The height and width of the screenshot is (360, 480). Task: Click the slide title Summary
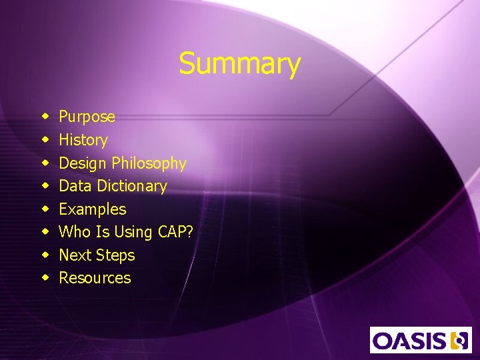click(239, 64)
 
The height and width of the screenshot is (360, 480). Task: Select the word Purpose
click(87, 117)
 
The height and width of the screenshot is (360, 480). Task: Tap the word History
click(83, 140)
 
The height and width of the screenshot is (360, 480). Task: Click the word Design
click(83, 163)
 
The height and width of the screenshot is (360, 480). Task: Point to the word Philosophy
click(149, 164)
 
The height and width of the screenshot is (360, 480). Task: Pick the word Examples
click(92, 209)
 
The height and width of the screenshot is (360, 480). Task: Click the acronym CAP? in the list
click(176, 232)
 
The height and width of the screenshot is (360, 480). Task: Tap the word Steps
click(115, 256)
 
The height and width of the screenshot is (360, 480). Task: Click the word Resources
click(95, 278)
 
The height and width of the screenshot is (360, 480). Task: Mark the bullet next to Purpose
click(46, 117)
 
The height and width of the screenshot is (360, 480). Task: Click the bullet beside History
click(46, 140)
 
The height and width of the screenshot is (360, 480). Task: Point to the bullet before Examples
click(46, 209)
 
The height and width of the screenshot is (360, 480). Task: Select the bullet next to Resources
click(46, 277)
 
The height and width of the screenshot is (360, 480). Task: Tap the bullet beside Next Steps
click(46, 255)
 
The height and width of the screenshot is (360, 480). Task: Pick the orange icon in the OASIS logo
click(460, 341)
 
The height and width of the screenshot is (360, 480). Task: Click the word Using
click(133, 233)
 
